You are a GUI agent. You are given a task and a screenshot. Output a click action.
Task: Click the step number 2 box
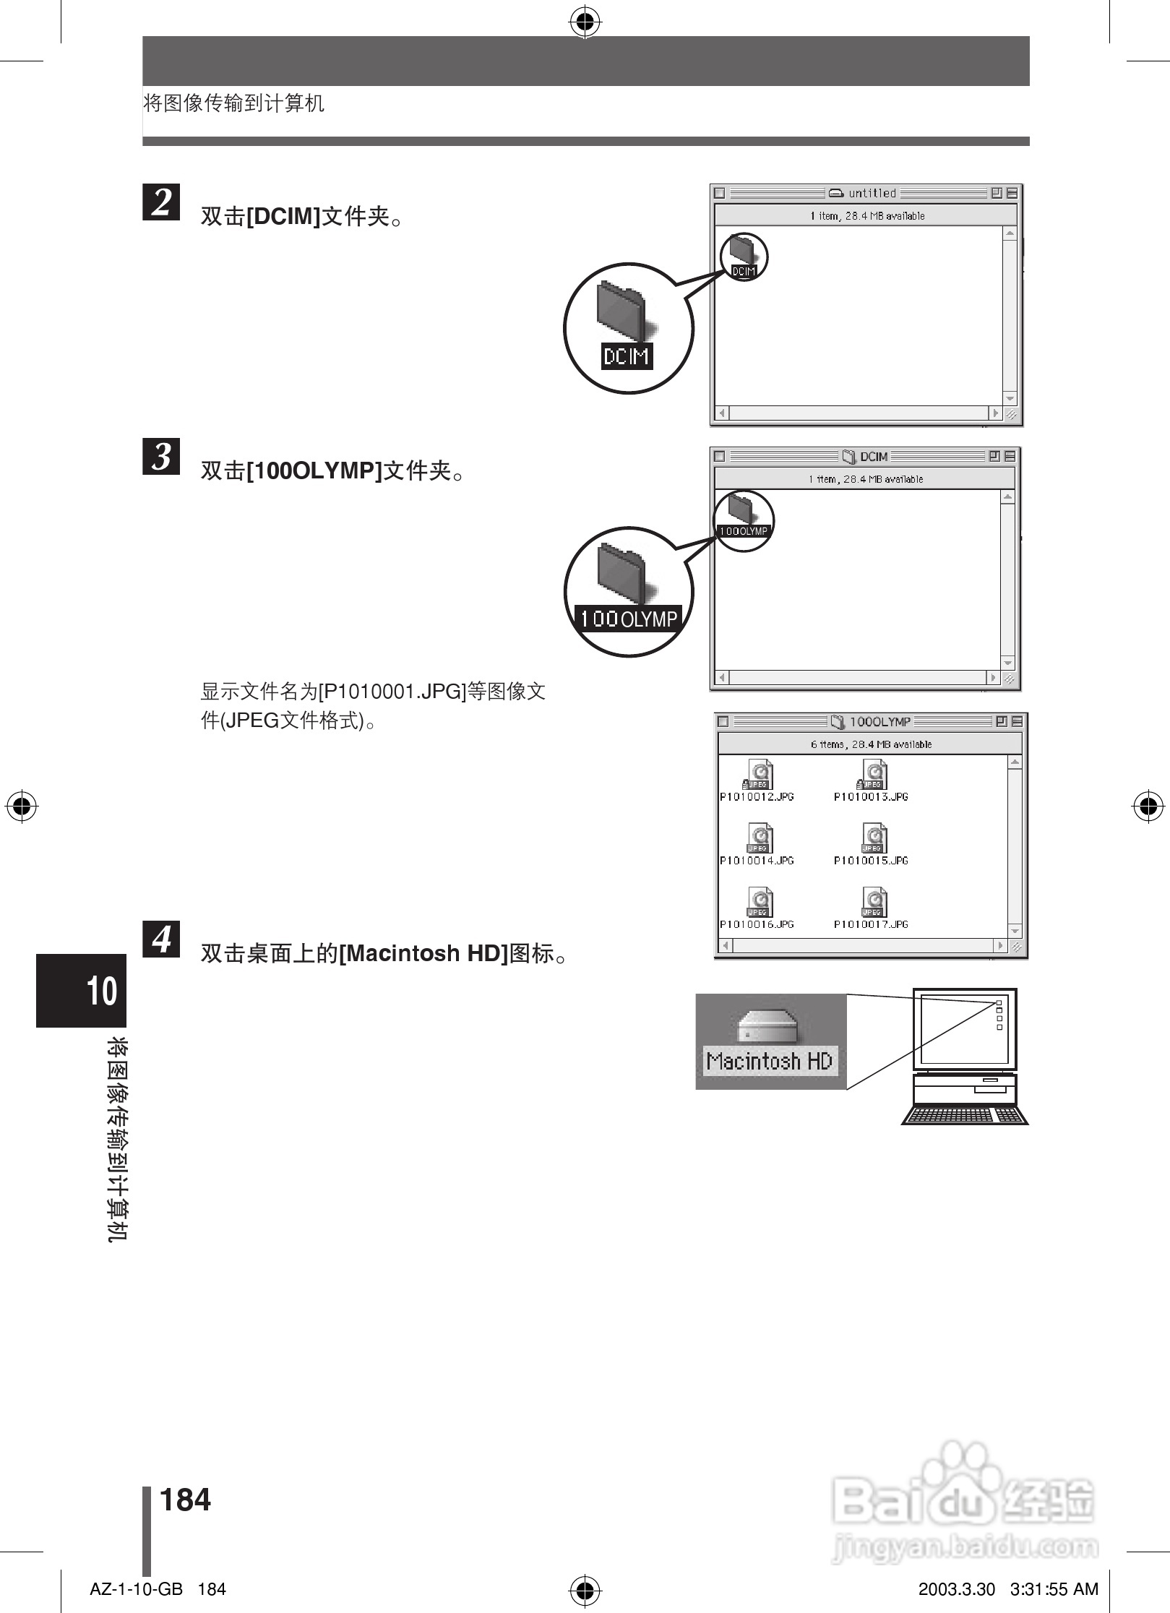click(x=161, y=202)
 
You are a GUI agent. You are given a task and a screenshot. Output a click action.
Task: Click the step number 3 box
click(x=161, y=456)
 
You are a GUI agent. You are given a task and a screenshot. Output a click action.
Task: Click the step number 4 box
click(x=161, y=939)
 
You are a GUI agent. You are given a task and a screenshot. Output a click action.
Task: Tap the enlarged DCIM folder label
click(x=627, y=356)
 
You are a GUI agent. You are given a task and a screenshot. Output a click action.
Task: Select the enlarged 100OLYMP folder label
click(x=628, y=619)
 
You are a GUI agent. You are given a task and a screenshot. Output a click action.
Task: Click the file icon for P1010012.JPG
click(x=758, y=775)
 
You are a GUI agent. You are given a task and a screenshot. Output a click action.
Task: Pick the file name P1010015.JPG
click(x=871, y=861)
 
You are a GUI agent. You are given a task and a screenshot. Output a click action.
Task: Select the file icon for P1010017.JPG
click(x=874, y=902)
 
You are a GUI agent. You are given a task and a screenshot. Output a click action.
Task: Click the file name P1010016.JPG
click(x=757, y=924)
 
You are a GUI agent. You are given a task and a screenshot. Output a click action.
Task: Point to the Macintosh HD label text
click(x=770, y=1061)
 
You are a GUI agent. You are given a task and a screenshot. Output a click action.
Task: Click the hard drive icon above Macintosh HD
click(x=767, y=1025)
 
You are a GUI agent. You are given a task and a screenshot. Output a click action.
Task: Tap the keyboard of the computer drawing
click(x=965, y=1116)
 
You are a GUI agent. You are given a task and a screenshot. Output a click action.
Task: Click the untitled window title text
click(x=872, y=193)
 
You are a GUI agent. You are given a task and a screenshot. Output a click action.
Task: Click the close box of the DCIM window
click(x=719, y=456)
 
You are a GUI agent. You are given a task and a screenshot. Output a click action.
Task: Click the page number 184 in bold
click(x=185, y=1500)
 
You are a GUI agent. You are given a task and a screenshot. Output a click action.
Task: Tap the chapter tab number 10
click(x=102, y=991)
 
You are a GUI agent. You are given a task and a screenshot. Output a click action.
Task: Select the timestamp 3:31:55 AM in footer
click(x=1054, y=1589)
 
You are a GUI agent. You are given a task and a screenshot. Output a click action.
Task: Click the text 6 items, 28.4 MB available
click(x=871, y=744)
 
